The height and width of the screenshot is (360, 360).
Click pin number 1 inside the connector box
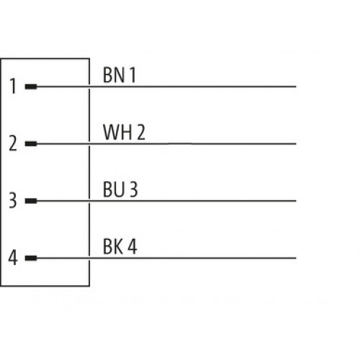(x=13, y=86)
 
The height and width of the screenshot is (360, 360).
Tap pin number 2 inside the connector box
(x=13, y=143)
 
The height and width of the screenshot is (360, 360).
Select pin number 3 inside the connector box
(x=13, y=200)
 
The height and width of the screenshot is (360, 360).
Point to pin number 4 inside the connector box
(x=13, y=258)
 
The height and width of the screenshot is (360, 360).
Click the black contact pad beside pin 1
(x=31, y=86)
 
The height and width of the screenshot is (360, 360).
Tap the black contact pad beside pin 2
(x=31, y=144)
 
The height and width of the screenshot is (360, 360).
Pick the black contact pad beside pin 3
(x=31, y=201)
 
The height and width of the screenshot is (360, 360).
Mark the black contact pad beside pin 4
(x=31, y=258)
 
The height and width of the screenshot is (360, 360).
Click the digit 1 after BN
(x=132, y=75)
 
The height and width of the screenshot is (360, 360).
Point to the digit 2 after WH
(x=141, y=132)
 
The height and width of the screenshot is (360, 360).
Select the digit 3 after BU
(x=134, y=189)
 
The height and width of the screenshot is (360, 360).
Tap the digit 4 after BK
(x=132, y=246)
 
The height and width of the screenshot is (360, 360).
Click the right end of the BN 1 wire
(x=296, y=86)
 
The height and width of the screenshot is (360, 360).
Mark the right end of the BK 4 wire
(x=296, y=258)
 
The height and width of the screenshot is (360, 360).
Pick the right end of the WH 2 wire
(x=296, y=144)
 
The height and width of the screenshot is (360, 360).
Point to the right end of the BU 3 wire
(x=296, y=201)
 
